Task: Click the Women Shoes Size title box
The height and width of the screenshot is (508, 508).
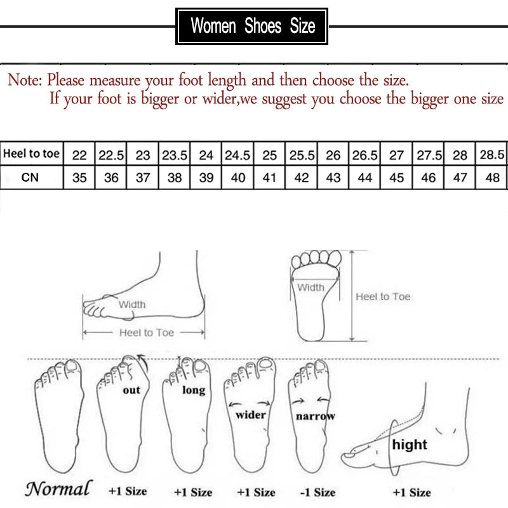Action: pyautogui.click(x=252, y=26)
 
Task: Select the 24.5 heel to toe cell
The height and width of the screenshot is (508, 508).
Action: pyautogui.click(x=238, y=154)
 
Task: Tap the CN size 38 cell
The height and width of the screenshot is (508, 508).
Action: pyautogui.click(x=175, y=178)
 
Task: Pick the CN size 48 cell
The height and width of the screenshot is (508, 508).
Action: pyautogui.click(x=493, y=178)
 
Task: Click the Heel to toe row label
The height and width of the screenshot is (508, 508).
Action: pyautogui.click(x=31, y=154)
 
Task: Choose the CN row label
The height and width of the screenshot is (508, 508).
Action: pyautogui.click(x=30, y=178)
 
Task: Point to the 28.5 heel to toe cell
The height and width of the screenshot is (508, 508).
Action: pyautogui.click(x=493, y=154)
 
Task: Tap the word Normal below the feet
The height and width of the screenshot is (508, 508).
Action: pyautogui.click(x=58, y=488)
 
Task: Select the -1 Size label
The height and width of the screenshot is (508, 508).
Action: pyautogui.click(x=316, y=491)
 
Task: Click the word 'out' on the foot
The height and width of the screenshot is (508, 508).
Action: pyautogui.click(x=131, y=389)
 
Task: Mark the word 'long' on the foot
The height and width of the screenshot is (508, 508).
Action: pyautogui.click(x=193, y=389)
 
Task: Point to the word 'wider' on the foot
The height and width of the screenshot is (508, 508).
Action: pyautogui.click(x=251, y=415)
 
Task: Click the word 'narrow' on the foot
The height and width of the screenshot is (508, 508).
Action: pyautogui.click(x=315, y=417)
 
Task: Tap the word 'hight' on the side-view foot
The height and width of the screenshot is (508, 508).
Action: pyautogui.click(x=410, y=444)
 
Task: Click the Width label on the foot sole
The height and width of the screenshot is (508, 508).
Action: pyautogui.click(x=311, y=288)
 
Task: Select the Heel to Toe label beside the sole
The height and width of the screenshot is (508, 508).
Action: pyautogui.click(x=383, y=297)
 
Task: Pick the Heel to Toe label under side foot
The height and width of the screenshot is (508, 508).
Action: pyautogui.click(x=147, y=332)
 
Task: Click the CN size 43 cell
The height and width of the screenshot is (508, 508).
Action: pyautogui.click(x=333, y=178)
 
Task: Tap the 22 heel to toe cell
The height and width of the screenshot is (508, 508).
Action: pyautogui.click(x=79, y=154)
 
